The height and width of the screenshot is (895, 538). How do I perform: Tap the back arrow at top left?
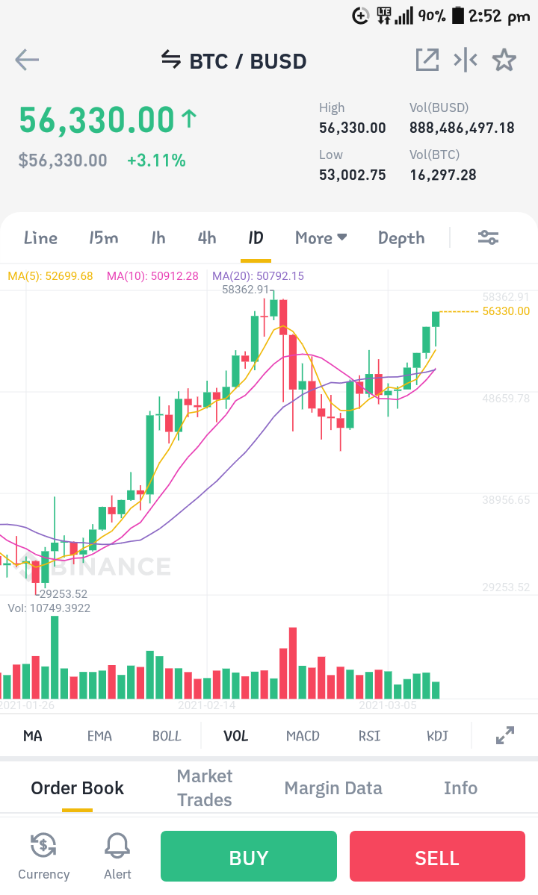(27, 60)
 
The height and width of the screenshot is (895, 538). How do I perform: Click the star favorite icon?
(504, 60)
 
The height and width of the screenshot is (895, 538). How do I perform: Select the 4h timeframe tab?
(207, 238)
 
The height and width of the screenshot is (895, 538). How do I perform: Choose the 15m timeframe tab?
(103, 238)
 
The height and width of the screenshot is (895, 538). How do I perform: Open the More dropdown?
(321, 238)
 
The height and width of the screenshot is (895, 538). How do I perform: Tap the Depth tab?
(401, 238)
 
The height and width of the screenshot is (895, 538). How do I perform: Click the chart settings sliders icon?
(489, 237)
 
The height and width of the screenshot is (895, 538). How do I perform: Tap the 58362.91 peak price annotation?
(245, 290)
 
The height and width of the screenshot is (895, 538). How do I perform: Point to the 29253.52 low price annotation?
(64, 594)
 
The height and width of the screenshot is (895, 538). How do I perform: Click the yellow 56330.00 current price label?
(506, 311)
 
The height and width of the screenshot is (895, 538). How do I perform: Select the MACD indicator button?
(303, 736)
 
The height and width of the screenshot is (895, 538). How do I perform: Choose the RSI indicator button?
(370, 736)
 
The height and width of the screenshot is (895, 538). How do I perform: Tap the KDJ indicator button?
(437, 736)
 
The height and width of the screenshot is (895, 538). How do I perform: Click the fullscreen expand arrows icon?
(505, 736)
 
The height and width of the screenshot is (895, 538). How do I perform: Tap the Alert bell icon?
(117, 845)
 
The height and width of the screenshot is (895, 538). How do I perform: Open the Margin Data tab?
(333, 788)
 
